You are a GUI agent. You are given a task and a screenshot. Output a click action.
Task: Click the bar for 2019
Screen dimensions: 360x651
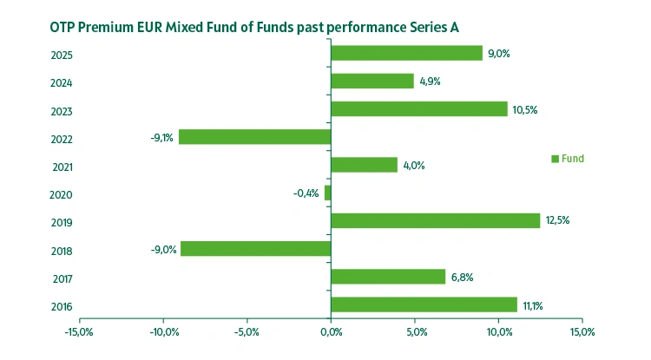click(436, 220)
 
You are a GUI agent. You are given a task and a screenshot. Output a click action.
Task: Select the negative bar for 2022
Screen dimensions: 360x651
click(255, 137)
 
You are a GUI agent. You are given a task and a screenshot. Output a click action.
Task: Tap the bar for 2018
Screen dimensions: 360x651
click(256, 249)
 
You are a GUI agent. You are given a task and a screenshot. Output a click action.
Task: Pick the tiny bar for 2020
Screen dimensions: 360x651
click(328, 193)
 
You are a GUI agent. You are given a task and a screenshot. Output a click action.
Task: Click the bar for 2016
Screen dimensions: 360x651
click(424, 304)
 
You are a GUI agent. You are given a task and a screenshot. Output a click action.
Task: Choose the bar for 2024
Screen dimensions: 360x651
click(372, 81)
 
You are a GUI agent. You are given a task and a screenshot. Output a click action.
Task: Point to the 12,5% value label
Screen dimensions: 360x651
click(557, 220)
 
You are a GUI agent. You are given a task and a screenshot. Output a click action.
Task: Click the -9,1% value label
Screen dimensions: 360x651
click(161, 137)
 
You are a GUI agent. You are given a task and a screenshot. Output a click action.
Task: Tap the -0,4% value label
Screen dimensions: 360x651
click(306, 193)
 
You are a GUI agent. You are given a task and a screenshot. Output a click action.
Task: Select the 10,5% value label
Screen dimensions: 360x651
click(524, 109)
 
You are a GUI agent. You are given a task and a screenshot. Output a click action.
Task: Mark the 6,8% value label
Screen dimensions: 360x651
click(462, 278)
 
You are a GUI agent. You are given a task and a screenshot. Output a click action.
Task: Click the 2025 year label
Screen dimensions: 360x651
click(62, 56)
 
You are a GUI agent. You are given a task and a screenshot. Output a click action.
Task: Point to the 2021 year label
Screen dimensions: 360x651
click(62, 167)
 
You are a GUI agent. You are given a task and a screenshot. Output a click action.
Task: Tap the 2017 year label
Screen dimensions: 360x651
click(62, 278)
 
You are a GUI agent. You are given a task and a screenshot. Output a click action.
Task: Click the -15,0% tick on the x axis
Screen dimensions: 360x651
click(78, 332)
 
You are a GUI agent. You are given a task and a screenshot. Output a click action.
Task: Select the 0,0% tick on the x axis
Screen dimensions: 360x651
click(331, 332)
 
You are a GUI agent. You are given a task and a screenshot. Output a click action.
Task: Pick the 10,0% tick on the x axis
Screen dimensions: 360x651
click(498, 332)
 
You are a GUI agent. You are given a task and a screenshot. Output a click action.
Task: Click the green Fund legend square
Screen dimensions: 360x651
click(555, 159)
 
